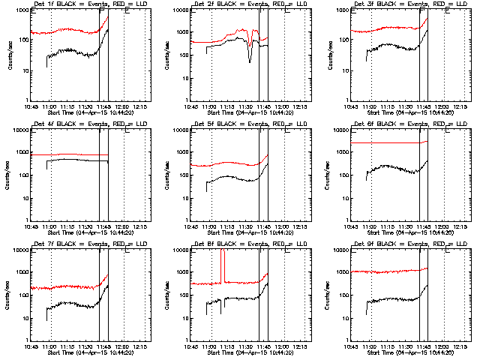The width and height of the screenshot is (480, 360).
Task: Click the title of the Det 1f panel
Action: click(x=82, y=4)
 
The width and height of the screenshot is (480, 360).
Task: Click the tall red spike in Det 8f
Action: click(x=222, y=266)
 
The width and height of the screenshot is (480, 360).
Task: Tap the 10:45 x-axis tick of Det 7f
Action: click(x=30, y=346)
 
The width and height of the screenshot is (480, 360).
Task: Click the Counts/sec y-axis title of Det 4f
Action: click(x=9, y=174)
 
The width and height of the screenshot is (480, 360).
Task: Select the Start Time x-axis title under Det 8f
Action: click(x=242, y=352)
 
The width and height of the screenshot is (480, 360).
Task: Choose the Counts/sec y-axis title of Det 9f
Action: click(x=331, y=294)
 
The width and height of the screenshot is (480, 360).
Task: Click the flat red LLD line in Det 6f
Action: click(x=390, y=142)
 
